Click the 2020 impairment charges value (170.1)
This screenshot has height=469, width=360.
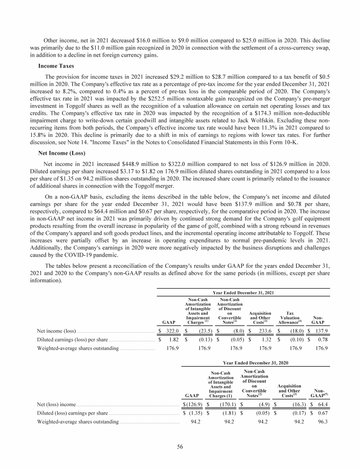click(225, 404)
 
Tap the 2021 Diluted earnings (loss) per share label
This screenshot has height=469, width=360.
click(73, 340)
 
